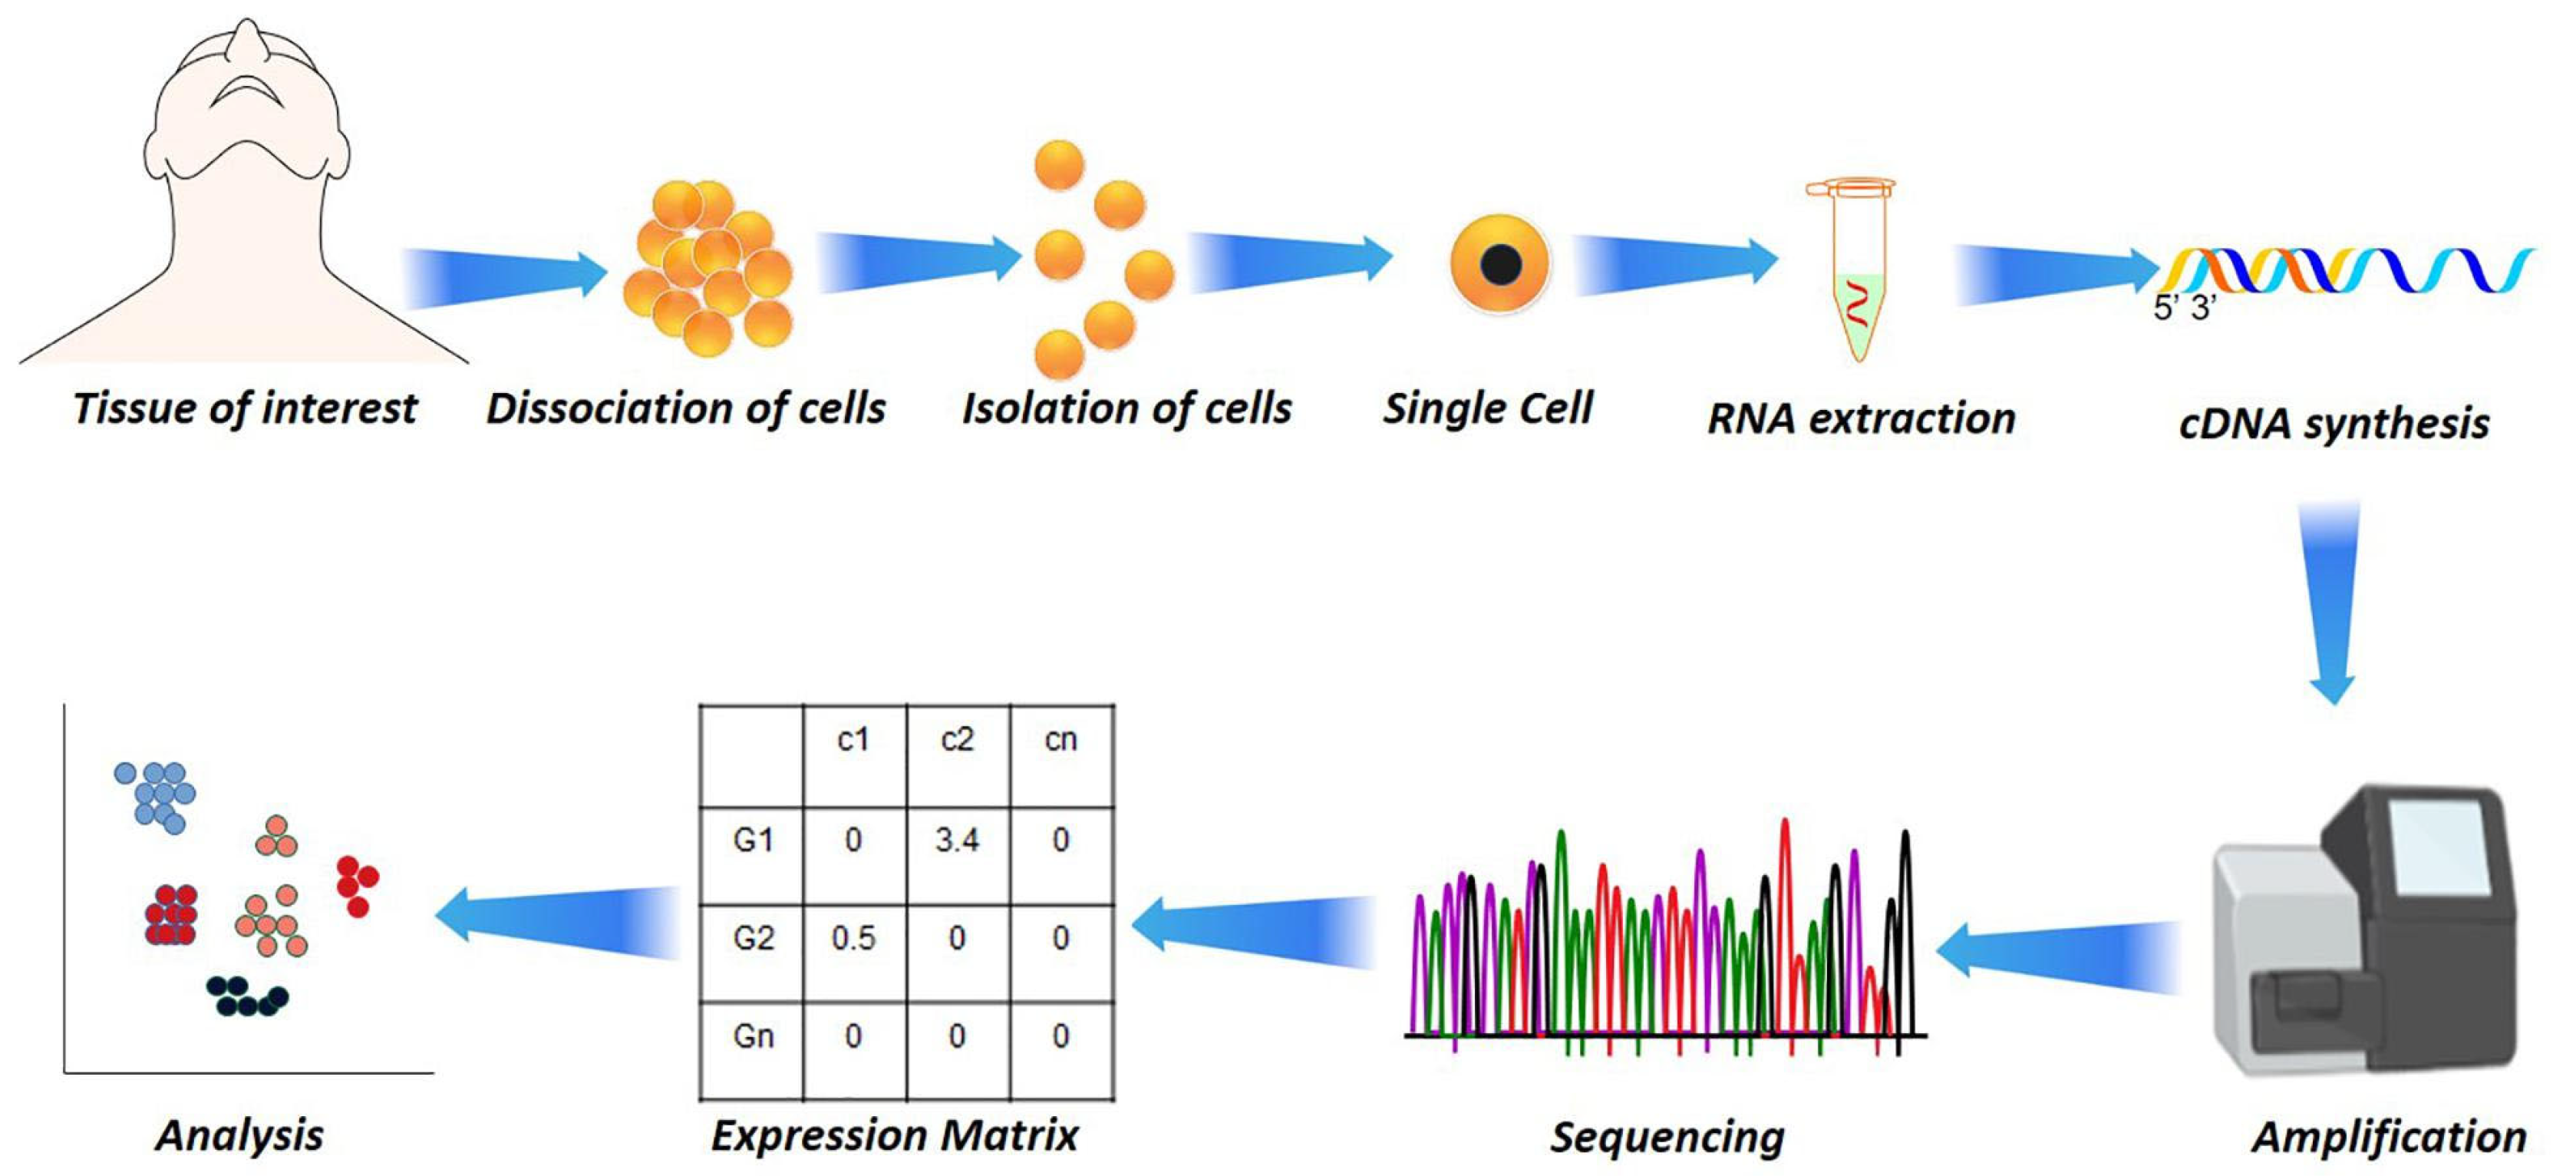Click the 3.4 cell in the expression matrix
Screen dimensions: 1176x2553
(x=956, y=841)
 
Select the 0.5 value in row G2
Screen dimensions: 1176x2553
(x=853, y=938)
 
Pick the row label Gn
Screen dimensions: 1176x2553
(x=754, y=1036)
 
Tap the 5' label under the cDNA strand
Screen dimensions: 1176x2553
(x=2166, y=309)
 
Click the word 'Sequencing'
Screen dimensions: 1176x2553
(x=1667, y=1136)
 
